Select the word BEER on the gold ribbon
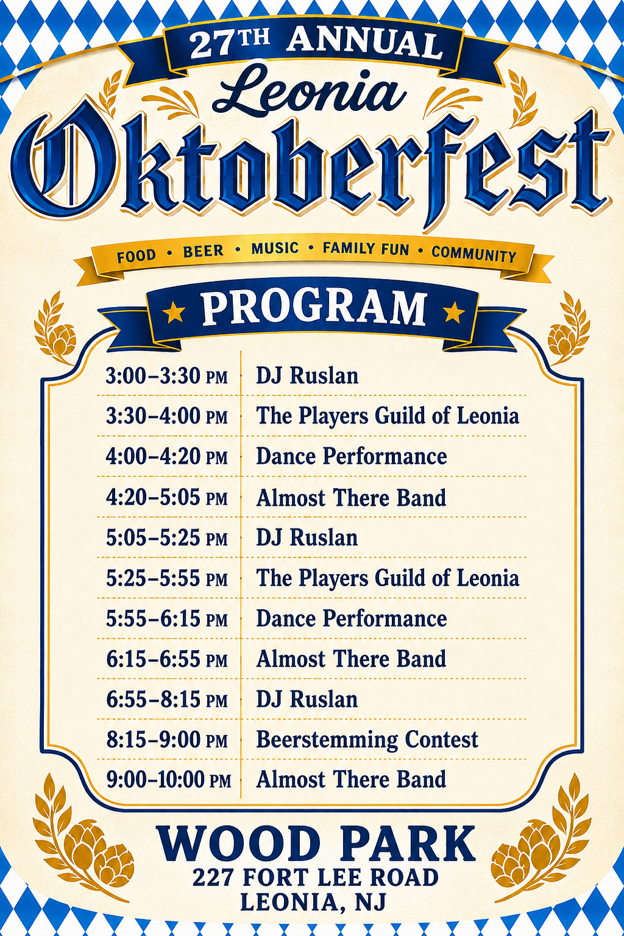[x=204, y=251]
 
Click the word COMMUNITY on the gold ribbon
[x=474, y=254]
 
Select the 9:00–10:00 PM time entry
[x=168, y=780]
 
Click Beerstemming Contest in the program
[x=367, y=739]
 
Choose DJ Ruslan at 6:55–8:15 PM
[x=307, y=699]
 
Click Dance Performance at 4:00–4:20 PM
[x=352, y=456]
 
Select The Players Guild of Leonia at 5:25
[x=388, y=578]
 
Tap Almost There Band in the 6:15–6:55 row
[x=351, y=659]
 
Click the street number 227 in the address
[x=212, y=877]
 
